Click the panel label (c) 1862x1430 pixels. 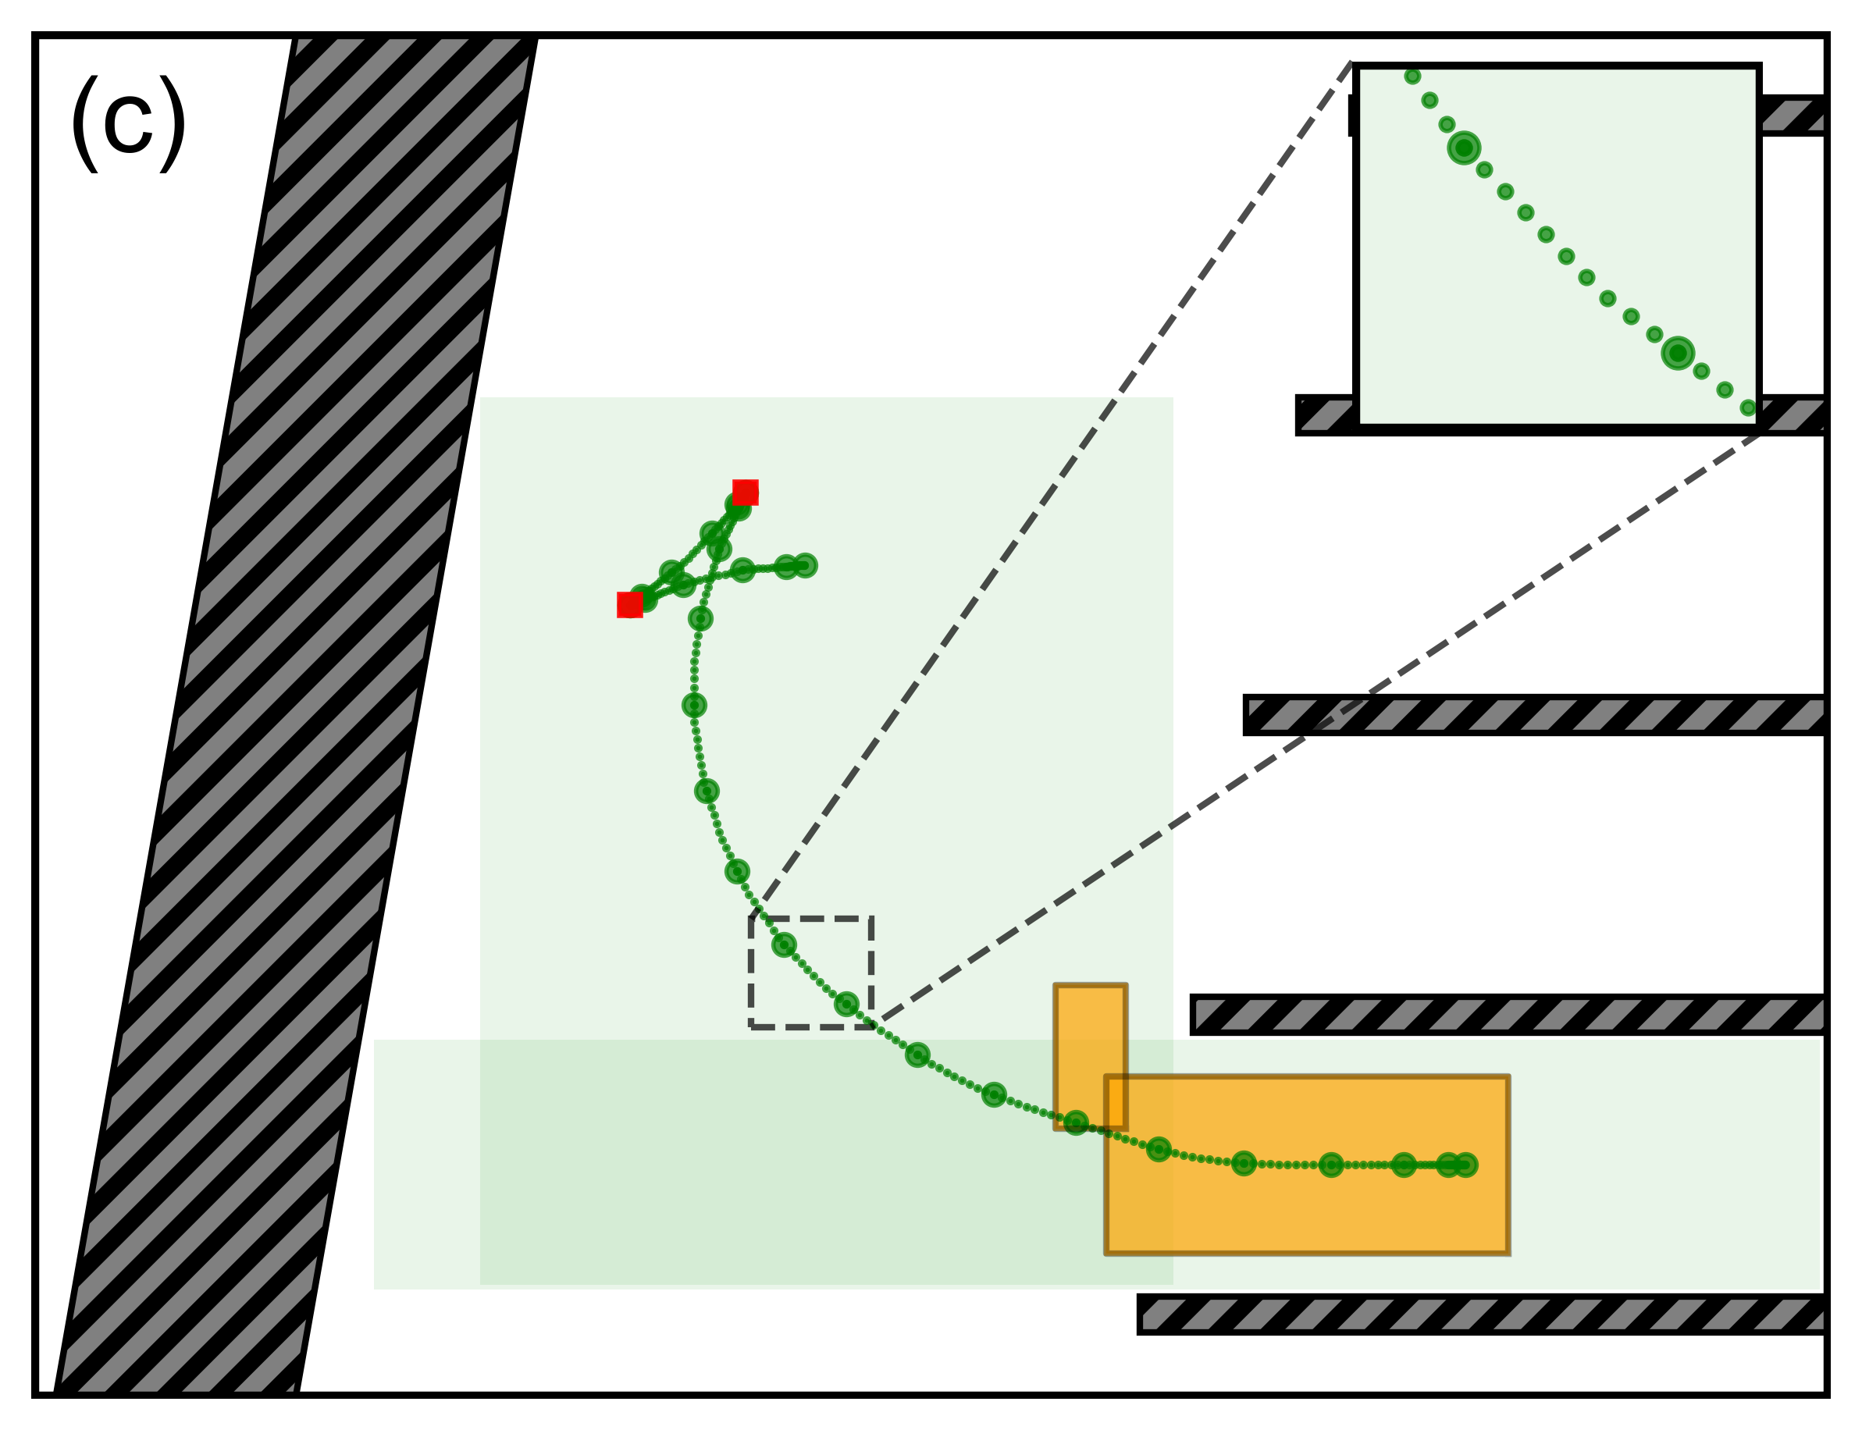[x=128, y=124]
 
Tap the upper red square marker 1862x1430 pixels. [x=745, y=492]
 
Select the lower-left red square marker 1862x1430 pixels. [x=629, y=604]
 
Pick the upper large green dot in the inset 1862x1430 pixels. [x=1464, y=148]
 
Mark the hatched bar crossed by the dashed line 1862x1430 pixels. [x=1533, y=715]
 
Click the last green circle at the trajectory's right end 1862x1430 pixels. [x=1465, y=1165]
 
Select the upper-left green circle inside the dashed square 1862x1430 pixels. [x=783, y=944]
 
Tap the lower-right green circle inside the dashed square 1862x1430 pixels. [x=846, y=1005]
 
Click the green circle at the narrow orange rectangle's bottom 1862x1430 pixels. [x=1075, y=1122]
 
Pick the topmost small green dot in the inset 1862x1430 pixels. [x=1412, y=76]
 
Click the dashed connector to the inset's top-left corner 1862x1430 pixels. [x=1056, y=486]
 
